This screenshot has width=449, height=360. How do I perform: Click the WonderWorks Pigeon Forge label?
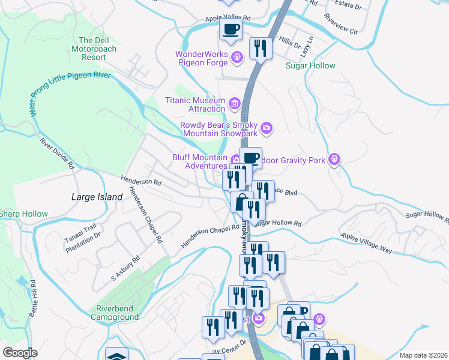point(201,58)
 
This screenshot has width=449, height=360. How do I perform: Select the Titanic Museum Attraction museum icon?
point(234,104)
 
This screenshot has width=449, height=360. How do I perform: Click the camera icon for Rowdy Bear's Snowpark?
point(267,127)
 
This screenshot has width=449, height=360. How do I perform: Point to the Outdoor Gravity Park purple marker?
point(335,159)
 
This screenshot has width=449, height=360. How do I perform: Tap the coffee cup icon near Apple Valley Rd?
point(231,29)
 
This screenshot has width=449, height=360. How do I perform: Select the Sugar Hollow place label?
point(310,65)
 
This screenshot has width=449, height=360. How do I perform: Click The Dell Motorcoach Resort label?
point(89,49)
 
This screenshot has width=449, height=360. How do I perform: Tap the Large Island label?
point(88,197)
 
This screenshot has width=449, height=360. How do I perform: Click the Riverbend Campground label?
point(113,313)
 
